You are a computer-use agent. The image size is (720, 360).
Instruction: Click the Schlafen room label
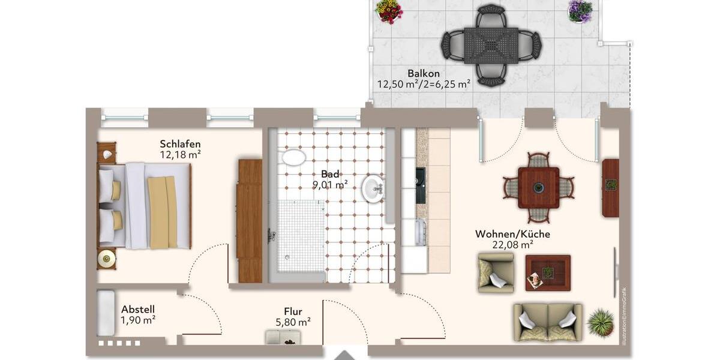tap(180, 144)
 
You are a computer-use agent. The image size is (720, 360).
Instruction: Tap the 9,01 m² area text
tap(330, 185)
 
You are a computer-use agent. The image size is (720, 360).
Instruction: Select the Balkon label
tap(423, 74)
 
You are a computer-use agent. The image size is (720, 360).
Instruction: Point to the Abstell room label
tap(138, 309)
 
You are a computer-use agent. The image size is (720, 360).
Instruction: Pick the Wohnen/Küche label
tap(512, 234)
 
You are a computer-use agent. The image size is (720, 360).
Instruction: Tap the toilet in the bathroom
tap(293, 158)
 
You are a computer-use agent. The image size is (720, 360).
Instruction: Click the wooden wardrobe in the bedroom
tap(250, 220)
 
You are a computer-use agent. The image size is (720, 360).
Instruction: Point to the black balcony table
tap(491, 45)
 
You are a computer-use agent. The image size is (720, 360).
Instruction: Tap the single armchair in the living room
tap(496, 272)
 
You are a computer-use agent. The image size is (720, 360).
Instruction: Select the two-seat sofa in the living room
tap(547, 322)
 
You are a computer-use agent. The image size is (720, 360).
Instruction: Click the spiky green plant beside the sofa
tap(600, 323)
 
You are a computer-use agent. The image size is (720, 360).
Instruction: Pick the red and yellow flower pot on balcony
tap(389, 11)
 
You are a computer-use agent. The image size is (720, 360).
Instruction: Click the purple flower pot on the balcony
tap(580, 11)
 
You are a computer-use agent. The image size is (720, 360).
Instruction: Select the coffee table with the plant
tap(547, 273)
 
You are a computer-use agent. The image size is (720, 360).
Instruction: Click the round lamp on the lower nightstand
tap(107, 259)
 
